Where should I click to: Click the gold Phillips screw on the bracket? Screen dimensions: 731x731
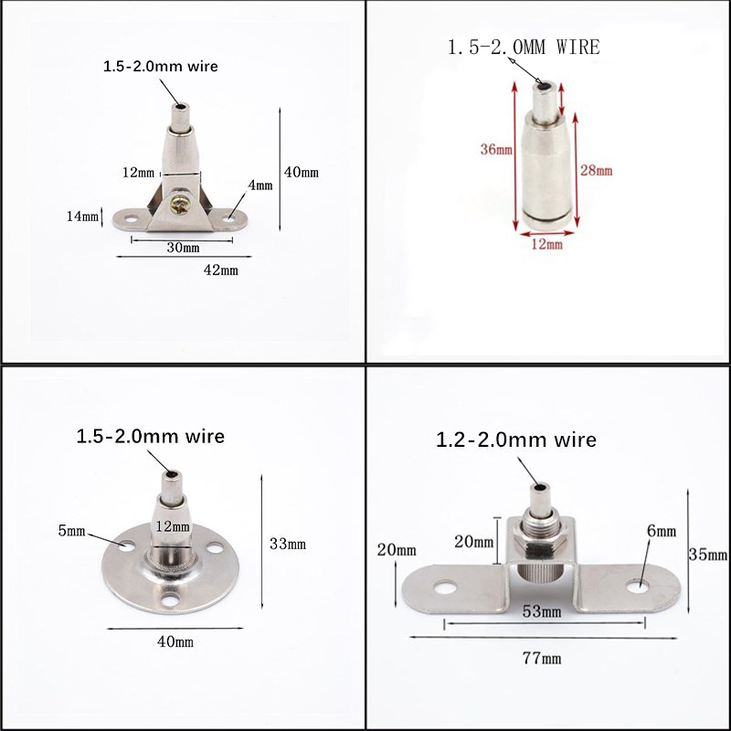tap(180, 205)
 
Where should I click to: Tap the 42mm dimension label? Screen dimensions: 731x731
tap(220, 270)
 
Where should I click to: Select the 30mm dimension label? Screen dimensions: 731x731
tap(184, 248)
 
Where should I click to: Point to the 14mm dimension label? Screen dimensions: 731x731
tap(82, 217)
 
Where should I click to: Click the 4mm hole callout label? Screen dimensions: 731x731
tap(260, 185)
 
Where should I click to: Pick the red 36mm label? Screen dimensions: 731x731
tap(496, 150)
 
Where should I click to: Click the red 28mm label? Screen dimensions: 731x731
tap(597, 171)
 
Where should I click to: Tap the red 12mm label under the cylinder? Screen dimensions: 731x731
tap(546, 244)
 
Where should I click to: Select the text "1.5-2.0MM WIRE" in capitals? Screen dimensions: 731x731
tap(524, 48)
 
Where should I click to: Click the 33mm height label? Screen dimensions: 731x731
tap(288, 544)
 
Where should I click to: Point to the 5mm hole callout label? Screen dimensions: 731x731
tap(72, 531)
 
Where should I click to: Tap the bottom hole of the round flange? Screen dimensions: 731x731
tap(170, 600)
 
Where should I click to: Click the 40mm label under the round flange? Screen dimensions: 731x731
tap(175, 642)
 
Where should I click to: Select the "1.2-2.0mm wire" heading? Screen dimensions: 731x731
tap(516, 440)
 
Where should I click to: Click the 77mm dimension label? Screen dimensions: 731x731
tap(542, 658)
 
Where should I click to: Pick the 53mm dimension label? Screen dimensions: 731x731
tap(542, 611)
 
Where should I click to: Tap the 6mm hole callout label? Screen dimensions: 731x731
tap(662, 531)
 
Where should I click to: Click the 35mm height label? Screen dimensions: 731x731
tap(708, 555)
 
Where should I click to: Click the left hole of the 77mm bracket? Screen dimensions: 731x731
tap(445, 587)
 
